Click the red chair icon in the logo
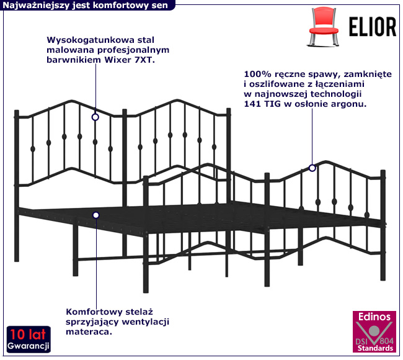click(x=323, y=27)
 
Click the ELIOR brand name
click(x=373, y=27)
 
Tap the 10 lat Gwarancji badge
click(x=29, y=340)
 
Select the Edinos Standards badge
click(x=374, y=331)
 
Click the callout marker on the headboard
click(x=95, y=117)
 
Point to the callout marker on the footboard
click(x=312, y=168)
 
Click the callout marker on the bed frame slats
click(x=96, y=215)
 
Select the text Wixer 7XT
click(x=130, y=60)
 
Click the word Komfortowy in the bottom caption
click(x=94, y=312)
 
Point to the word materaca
click(x=89, y=332)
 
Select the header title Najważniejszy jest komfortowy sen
click(x=85, y=5)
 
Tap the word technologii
click(x=336, y=94)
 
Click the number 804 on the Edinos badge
click(x=386, y=341)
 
